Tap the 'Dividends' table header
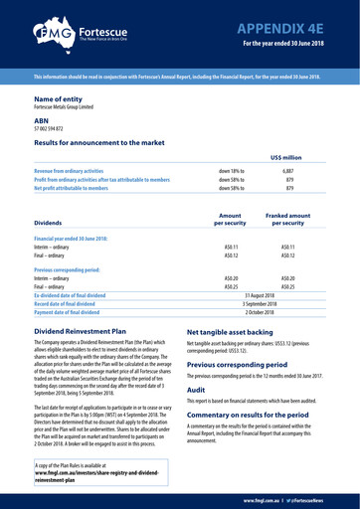pyautogui.click(x=55, y=224)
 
